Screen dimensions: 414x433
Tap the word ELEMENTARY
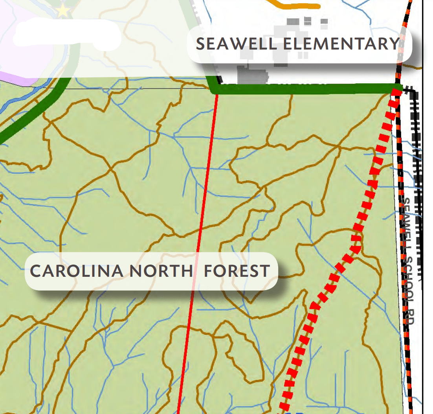coord(341,44)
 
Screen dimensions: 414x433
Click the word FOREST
coord(237,271)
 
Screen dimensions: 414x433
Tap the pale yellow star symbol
coord(63,10)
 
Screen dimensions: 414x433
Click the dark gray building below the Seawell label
coord(251,75)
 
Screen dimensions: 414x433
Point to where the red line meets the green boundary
coord(217,93)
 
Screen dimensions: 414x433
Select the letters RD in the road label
coord(410,317)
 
